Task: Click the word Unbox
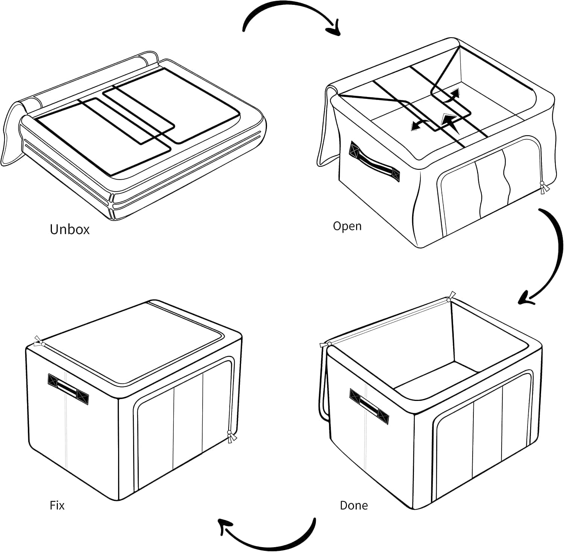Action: pyautogui.click(x=70, y=229)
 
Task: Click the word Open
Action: pyautogui.click(x=347, y=226)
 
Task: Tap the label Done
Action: pyautogui.click(x=353, y=505)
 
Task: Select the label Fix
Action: pyautogui.click(x=57, y=505)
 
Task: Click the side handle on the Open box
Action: pyautogui.click(x=374, y=162)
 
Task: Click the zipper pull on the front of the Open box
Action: pyautogui.click(x=543, y=188)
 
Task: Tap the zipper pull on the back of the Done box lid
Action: pyautogui.click(x=450, y=296)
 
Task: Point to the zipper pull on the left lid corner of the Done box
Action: pyautogui.click(x=325, y=345)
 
